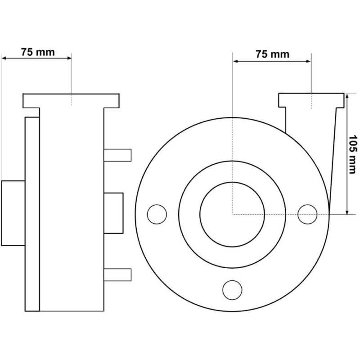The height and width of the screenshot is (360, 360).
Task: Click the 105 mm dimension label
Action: (353, 154)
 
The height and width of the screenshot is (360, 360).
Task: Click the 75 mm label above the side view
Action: (38, 52)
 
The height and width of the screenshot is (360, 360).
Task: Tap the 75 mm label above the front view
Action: (273, 54)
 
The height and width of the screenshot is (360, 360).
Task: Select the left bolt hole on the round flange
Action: (157, 214)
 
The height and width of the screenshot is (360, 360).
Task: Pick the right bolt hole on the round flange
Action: (307, 214)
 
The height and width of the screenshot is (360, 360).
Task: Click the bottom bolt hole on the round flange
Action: (232, 290)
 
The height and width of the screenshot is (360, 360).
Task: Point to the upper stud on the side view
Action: (117, 155)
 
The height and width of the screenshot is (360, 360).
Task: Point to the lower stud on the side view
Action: (117, 274)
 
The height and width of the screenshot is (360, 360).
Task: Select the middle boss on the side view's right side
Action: (113, 213)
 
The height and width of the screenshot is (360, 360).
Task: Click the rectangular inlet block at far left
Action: (13, 213)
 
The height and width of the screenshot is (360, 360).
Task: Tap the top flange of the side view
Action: (71, 101)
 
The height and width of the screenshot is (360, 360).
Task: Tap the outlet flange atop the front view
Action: (311, 100)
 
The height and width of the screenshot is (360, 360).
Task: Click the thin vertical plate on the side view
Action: (32, 214)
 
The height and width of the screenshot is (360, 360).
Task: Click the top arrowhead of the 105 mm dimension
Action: (347, 95)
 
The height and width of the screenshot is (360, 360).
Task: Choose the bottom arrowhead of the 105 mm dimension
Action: (347, 212)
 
